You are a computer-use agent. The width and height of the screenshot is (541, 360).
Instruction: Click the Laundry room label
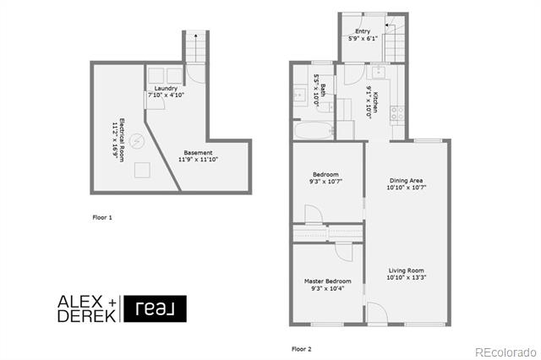point(166,88)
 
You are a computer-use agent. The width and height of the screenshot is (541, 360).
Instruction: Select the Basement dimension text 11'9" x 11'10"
point(198,160)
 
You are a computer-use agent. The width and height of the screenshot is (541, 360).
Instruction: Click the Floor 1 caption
point(102,217)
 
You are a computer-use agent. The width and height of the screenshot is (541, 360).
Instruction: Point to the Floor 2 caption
point(302,349)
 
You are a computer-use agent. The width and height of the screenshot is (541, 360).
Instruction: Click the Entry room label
point(363,31)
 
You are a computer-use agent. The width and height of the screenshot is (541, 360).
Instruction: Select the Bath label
point(323,90)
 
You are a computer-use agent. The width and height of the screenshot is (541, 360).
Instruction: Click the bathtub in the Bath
point(314,131)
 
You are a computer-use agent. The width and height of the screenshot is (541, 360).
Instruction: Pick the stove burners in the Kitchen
point(396,113)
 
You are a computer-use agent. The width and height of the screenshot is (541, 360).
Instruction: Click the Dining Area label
point(406,180)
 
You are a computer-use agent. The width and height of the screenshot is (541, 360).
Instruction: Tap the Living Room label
point(406,270)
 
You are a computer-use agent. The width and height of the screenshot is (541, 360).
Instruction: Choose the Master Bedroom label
point(327,281)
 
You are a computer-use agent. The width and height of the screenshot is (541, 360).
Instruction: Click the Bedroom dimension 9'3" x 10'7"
point(325,182)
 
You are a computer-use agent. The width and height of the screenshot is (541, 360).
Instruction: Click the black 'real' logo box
point(155,308)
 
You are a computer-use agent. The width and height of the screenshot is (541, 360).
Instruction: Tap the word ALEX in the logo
point(80,302)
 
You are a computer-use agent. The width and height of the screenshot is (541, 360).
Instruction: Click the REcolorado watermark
point(505,352)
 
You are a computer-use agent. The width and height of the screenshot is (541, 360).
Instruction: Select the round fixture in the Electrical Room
point(137,140)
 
